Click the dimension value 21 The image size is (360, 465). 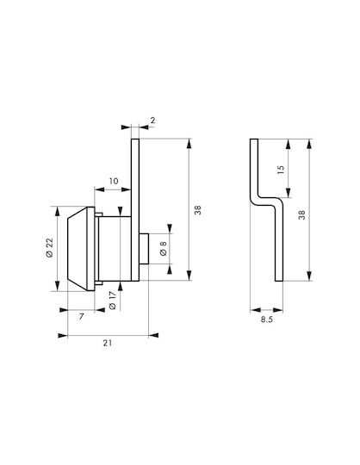coord(108,343)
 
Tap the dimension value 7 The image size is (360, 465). coord(81,317)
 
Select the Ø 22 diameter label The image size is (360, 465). coord(49,248)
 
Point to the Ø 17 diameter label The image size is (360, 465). coord(112,301)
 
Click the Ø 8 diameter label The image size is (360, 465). coord(163,249)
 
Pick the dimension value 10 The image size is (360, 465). coord(114,181)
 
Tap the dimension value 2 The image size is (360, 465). coord(152,121)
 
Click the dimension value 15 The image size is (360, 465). coord(280,170)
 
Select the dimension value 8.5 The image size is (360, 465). coord(267,319)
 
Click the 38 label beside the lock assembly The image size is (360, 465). coord(198,210)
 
